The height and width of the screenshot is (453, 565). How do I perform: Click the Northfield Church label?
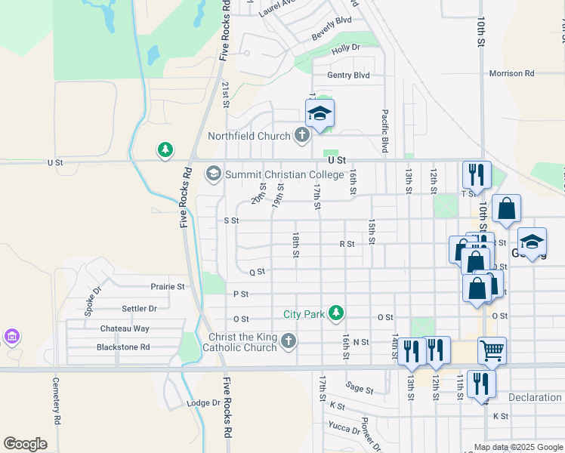[249, 136]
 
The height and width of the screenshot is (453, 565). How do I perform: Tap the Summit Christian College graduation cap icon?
[213, 174]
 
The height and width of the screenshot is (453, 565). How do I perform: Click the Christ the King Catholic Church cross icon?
[288, 342]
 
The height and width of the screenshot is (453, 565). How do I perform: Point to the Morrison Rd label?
[511, 73]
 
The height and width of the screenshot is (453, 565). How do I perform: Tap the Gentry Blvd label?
[348, 75]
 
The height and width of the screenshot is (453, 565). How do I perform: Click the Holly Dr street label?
[346, 48]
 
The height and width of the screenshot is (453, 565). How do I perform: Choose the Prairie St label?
[168, 287]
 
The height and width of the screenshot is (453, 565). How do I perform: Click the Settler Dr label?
[139, 309]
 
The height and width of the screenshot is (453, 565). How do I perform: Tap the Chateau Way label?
[125, 328]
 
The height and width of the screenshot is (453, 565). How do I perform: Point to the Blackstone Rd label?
[123, 347]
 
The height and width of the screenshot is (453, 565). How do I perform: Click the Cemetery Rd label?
[57, 399]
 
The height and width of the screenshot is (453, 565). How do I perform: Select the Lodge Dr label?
[203, 403]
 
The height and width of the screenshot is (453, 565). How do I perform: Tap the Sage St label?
[359, 388]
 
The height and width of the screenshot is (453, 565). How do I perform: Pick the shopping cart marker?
[492, 350]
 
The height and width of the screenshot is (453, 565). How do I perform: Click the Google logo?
[25, 444]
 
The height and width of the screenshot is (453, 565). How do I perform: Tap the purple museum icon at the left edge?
[11, 335]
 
